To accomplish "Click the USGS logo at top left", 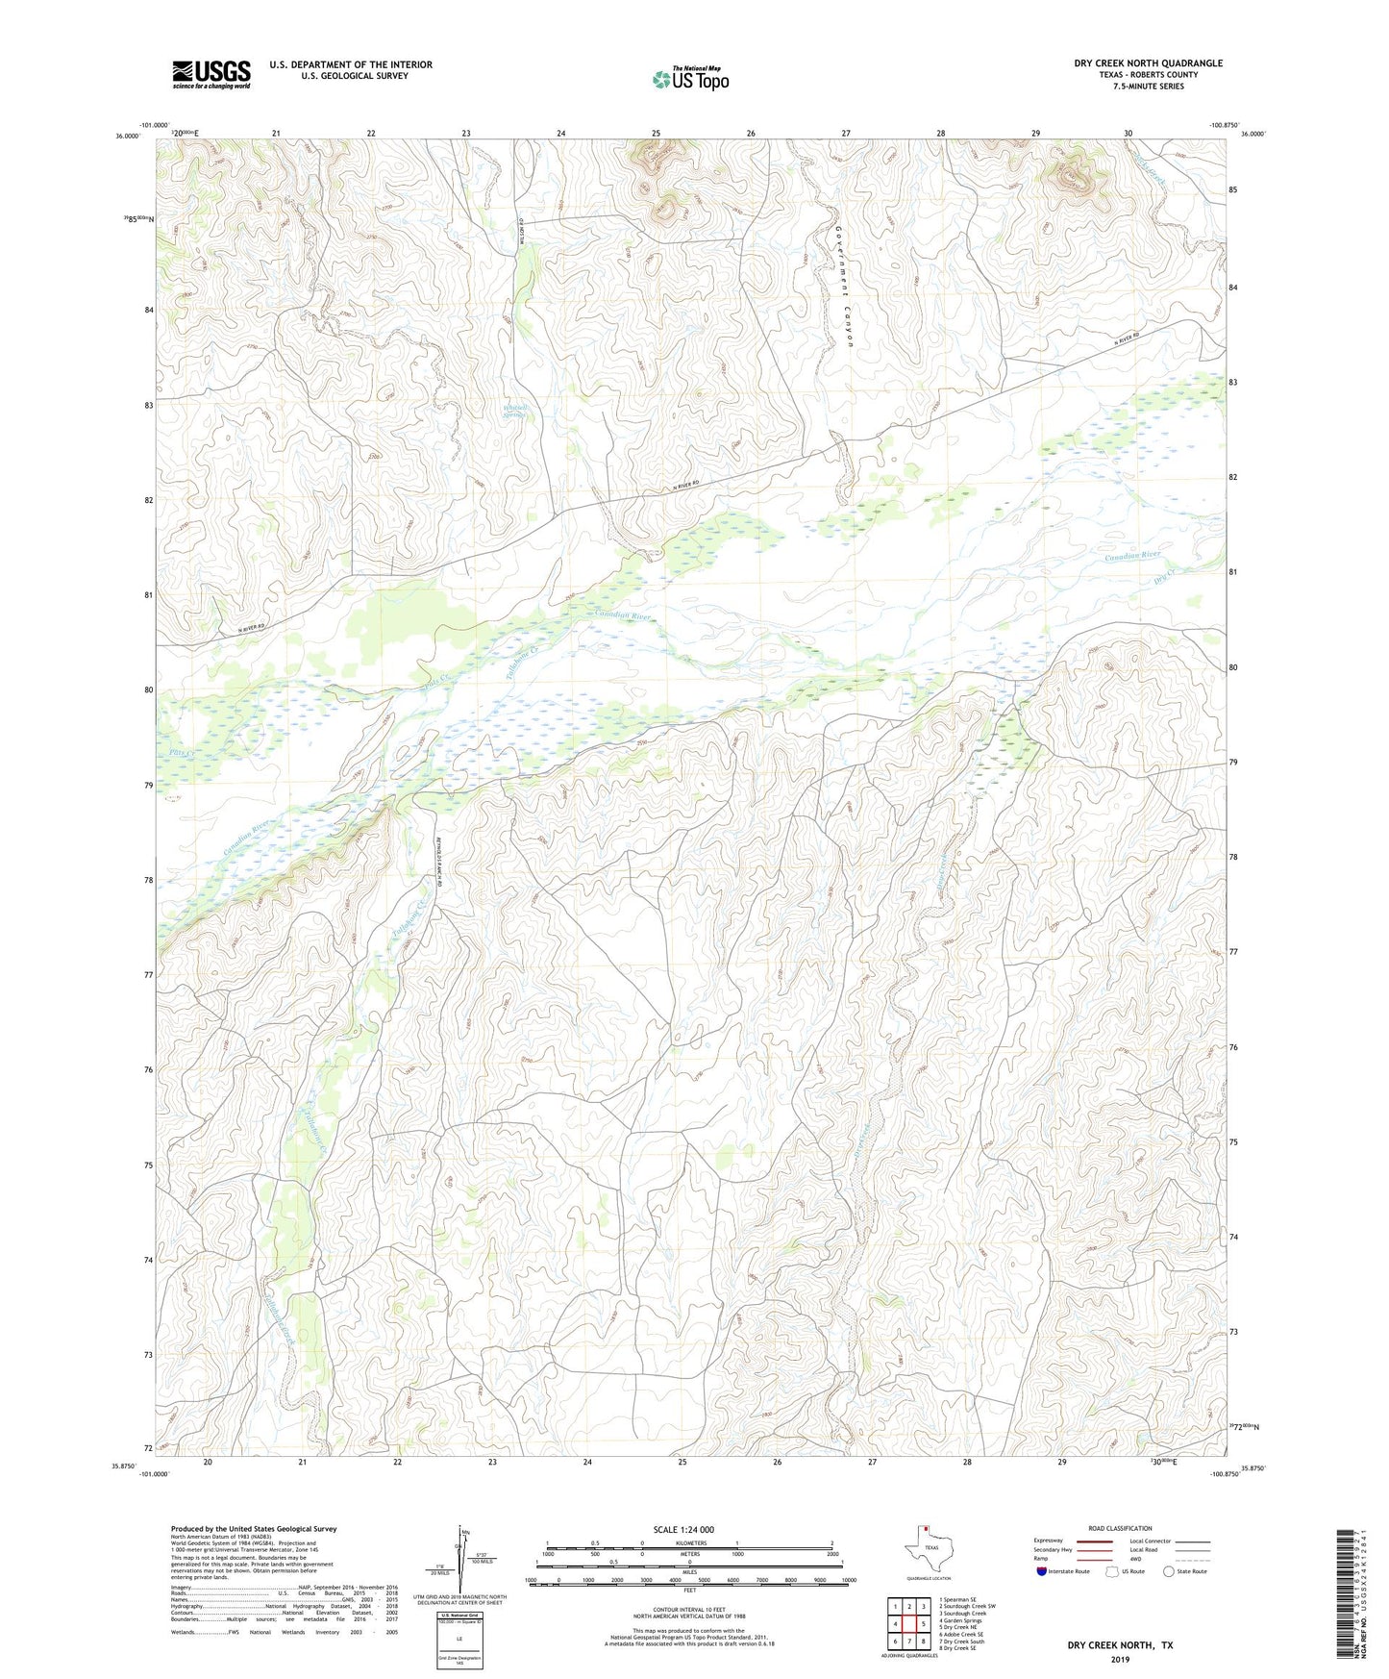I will point(211,74).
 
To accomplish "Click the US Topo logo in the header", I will point(691,79).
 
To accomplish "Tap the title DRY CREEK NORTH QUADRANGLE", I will point(1149,63).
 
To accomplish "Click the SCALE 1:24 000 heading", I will point(682,1530).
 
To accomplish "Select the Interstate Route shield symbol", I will point(1042,1571).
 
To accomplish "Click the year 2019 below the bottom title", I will point(1120,1659).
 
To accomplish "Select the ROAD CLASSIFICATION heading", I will point(1120,1528).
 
